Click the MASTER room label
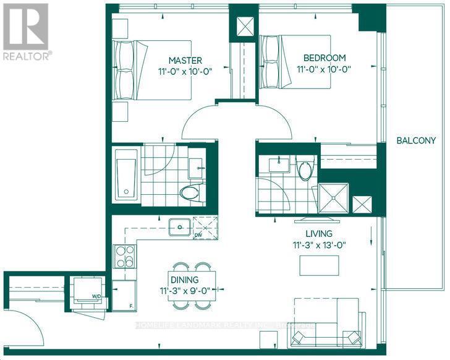(x=186, y=60)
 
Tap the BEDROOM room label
(x=324, y=58)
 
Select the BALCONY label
(x=416, y=140)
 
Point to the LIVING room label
(x=318, y=234)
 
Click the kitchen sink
(x=180, y=227)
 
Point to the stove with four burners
(x=124, y=256)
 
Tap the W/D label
(x=97, y=296)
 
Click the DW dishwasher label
(x=198, y=235)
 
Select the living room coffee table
(x=319, y=265)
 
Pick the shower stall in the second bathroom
(x=334, y=197)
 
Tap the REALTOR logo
(x=25, y=30)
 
